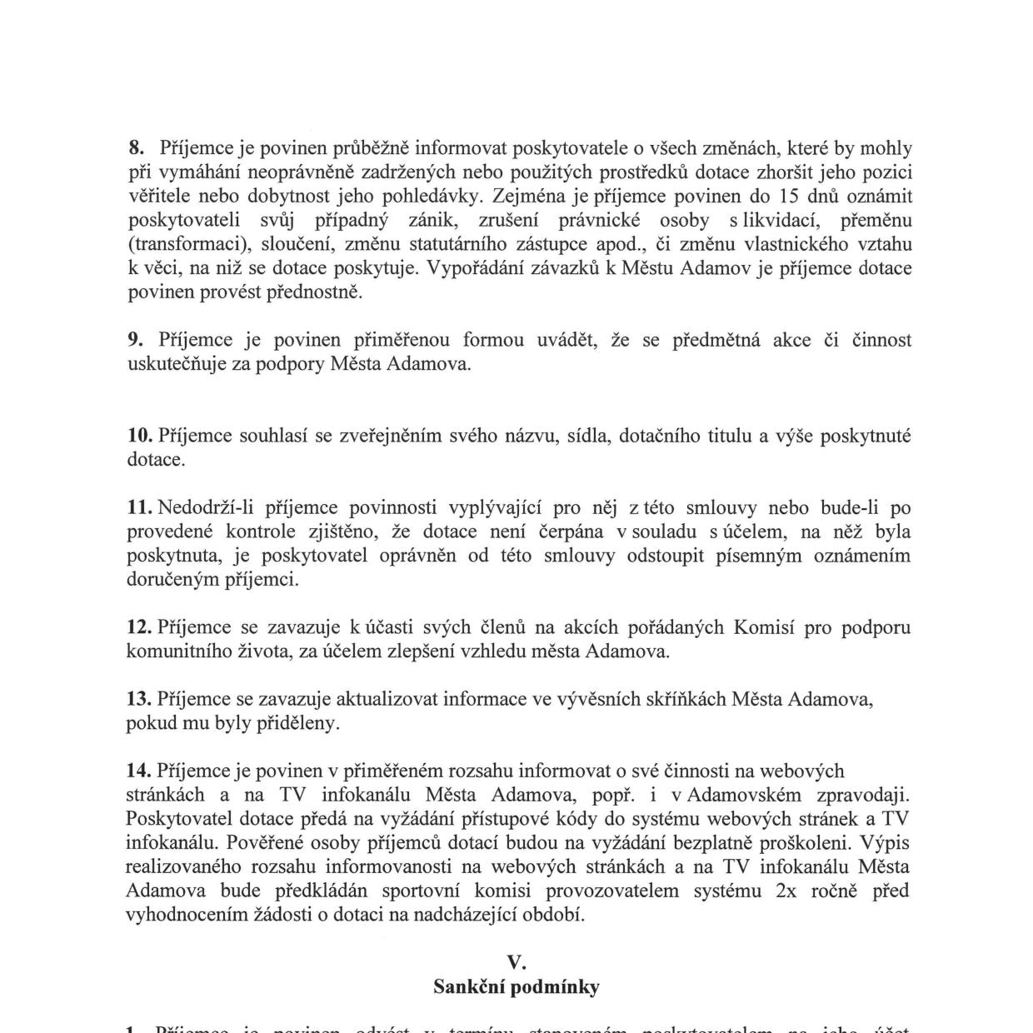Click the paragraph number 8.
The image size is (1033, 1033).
tap(136, 148)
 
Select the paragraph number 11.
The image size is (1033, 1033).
tap(138, 507)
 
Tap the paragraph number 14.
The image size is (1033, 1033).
tap(138, 771)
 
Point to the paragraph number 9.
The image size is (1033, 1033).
tap(136, 340)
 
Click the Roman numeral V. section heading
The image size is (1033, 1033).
tap(516, 963)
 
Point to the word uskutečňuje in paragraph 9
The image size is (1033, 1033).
tap(177, 364)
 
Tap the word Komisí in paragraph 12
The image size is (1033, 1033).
tap(762, 627)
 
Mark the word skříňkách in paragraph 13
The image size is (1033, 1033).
tap(686, 699)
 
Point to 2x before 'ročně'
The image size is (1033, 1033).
tap(786, 891)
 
